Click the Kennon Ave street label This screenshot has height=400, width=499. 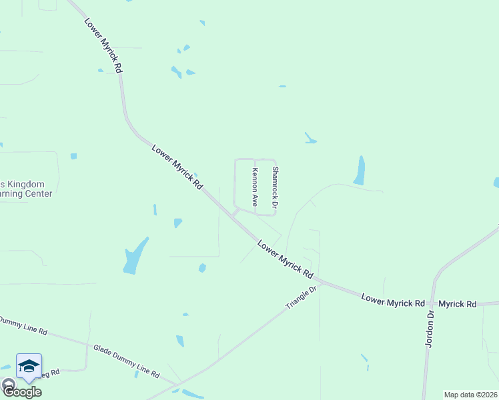[254, 187]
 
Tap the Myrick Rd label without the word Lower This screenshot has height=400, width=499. [458, 304]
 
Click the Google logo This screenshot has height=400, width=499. [22, 391]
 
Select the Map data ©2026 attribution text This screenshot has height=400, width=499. [470, 395]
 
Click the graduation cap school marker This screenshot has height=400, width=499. [29, 365]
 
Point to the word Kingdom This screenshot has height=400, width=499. [26, 184]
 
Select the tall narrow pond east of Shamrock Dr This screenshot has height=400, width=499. [360, 170]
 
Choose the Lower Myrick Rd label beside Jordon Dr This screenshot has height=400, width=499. [393, 301]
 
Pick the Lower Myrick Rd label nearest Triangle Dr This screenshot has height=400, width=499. [286, 259]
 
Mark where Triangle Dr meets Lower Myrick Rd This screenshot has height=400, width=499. [322, 281]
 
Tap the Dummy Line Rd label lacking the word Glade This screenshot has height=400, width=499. [24, 326]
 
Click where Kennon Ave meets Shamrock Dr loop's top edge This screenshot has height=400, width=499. [255, 159]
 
